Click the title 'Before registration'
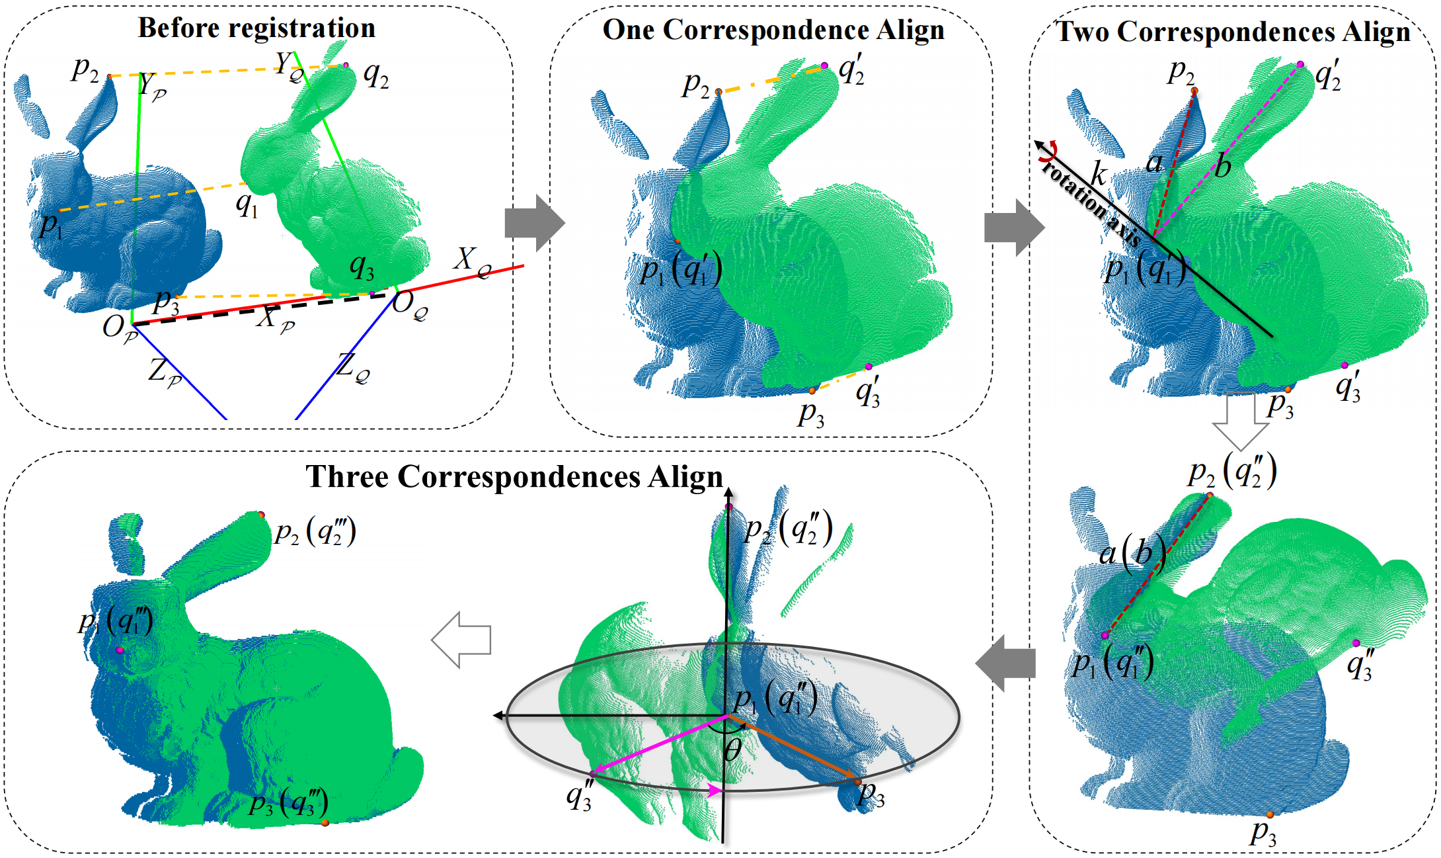click(x=256, y=28)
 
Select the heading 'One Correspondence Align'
click(x=773, y=30)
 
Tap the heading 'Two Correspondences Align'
click(x=1233, y=32)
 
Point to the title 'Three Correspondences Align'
click(x=514, y=476)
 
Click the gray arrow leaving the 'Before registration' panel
click(x=534, y=223)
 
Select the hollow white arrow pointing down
click(x=1240, y=421)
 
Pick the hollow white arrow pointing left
click(x=461, y=640)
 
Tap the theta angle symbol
click(x=732, y=751)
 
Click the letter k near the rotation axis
click(x=1098, y=175)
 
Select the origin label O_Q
click(x=410, y=306)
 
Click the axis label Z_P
click(x=165, y=372)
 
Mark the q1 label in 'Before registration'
click(x=247, y=205)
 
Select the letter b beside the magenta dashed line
click(x=1223, y=166)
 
